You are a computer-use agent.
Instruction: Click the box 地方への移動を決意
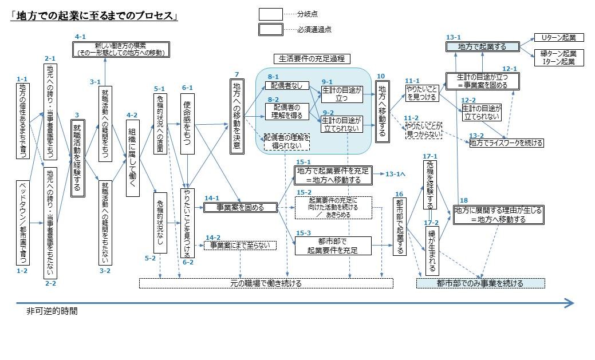coord(237,116)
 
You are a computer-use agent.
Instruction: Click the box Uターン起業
coord(558,38)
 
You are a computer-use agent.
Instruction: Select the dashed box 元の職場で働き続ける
coord(266,283)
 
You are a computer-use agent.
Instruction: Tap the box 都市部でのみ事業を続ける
coord(480,283)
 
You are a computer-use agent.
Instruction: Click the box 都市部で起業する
coord(400,226)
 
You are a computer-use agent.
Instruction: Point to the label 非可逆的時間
coord(52,312)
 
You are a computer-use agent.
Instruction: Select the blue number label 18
coord(463,200)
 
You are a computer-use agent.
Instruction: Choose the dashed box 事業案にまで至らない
coord(241,245)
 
